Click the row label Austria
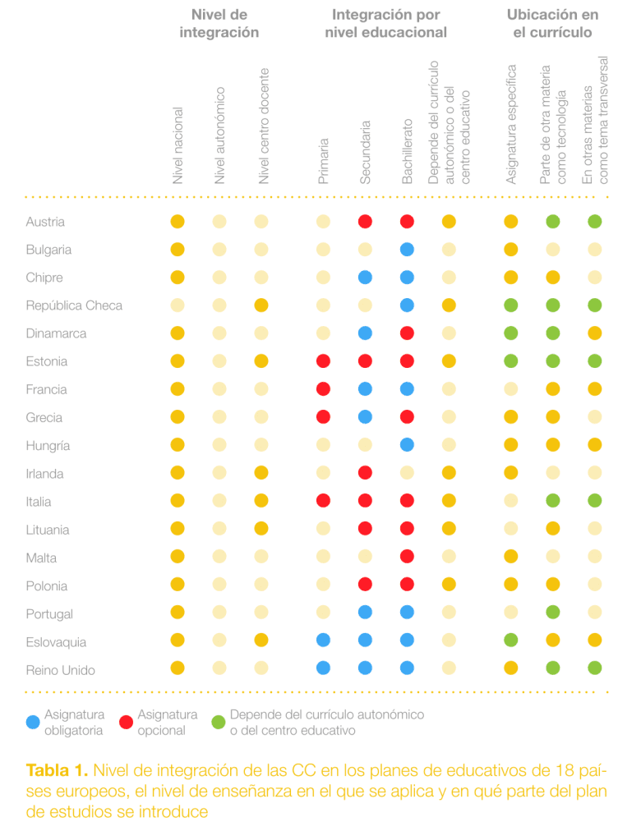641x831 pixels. pyautogui.click(x=45, y=222)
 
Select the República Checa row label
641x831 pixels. pyautogui.click(x=74, y=305)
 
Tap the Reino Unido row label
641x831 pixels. pyautogui.click(x=61, y=670)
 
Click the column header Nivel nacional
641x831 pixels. pyautogui.click(x=178, y=145)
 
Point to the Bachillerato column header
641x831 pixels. pyautogui.click(x=407, y=152)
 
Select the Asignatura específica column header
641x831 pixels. pyautogui.click(x=511, y=125)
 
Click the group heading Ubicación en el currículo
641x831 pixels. pyautogui.click(x=552, y=23)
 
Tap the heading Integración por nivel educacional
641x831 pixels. pyautogui.click(x=386, y=23)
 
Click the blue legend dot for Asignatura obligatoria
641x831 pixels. pyautogui.click(x=33, y=722)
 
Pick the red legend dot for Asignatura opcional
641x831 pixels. pyautogui.click(x=127, y=722)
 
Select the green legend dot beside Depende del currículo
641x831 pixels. pyautogui.click(x=219, y=722)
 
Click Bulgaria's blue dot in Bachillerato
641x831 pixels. pyautogui.click(x=407, y=250)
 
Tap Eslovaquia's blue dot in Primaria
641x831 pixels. pyautogui.click(x=324, y=640)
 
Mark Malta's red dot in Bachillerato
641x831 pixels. pyautogui.click(x=407, y=557)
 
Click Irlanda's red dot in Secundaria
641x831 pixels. pyautogui.click(x=366, y=473)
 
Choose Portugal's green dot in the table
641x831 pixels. pyautogui.click(x=553, y=612)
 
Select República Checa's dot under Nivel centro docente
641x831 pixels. pyautogui.click(x=261, y=305)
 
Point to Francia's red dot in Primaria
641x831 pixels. pyautogui.click(x=324, y=389)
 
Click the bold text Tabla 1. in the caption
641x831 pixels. pyautogui.click(x=57, y=770)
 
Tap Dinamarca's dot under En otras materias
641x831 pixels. pyautogui.click(x=595, y=333)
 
